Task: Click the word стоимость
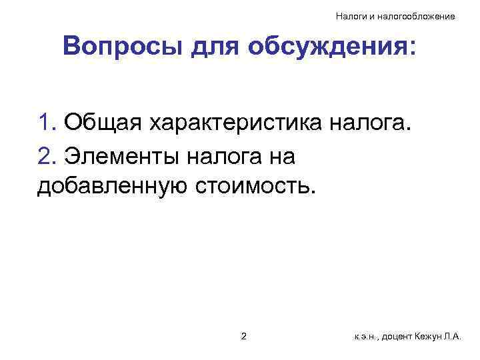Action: pyautogui.click(x=253, y=187)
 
